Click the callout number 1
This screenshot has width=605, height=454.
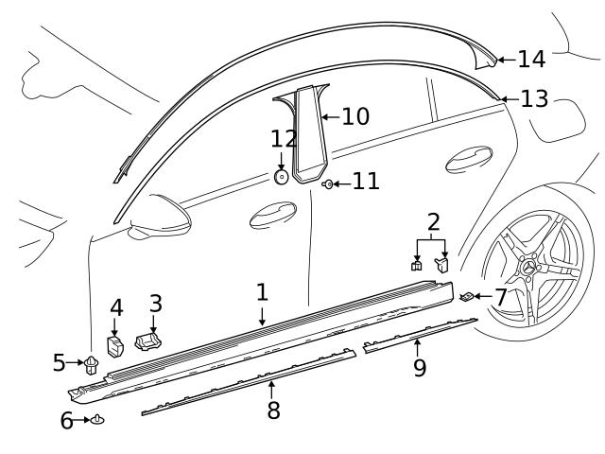262,291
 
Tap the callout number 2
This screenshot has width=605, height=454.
434,223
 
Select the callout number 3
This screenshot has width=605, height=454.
155,304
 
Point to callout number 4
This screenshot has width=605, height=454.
116,308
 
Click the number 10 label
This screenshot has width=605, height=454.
354,117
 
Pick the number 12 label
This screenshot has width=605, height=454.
284,140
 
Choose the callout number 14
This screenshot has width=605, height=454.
530,60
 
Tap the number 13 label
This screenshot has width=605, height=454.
534,98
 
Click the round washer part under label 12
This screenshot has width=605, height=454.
282,176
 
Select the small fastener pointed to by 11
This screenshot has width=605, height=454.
327,183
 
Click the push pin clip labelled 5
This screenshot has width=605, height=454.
92,362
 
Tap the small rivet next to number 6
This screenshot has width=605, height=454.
97,419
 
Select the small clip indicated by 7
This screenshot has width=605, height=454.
467,298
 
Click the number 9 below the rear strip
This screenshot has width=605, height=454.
419,366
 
